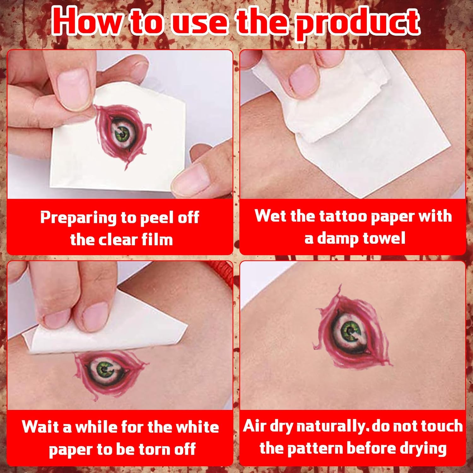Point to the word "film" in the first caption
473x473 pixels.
point(157,239)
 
